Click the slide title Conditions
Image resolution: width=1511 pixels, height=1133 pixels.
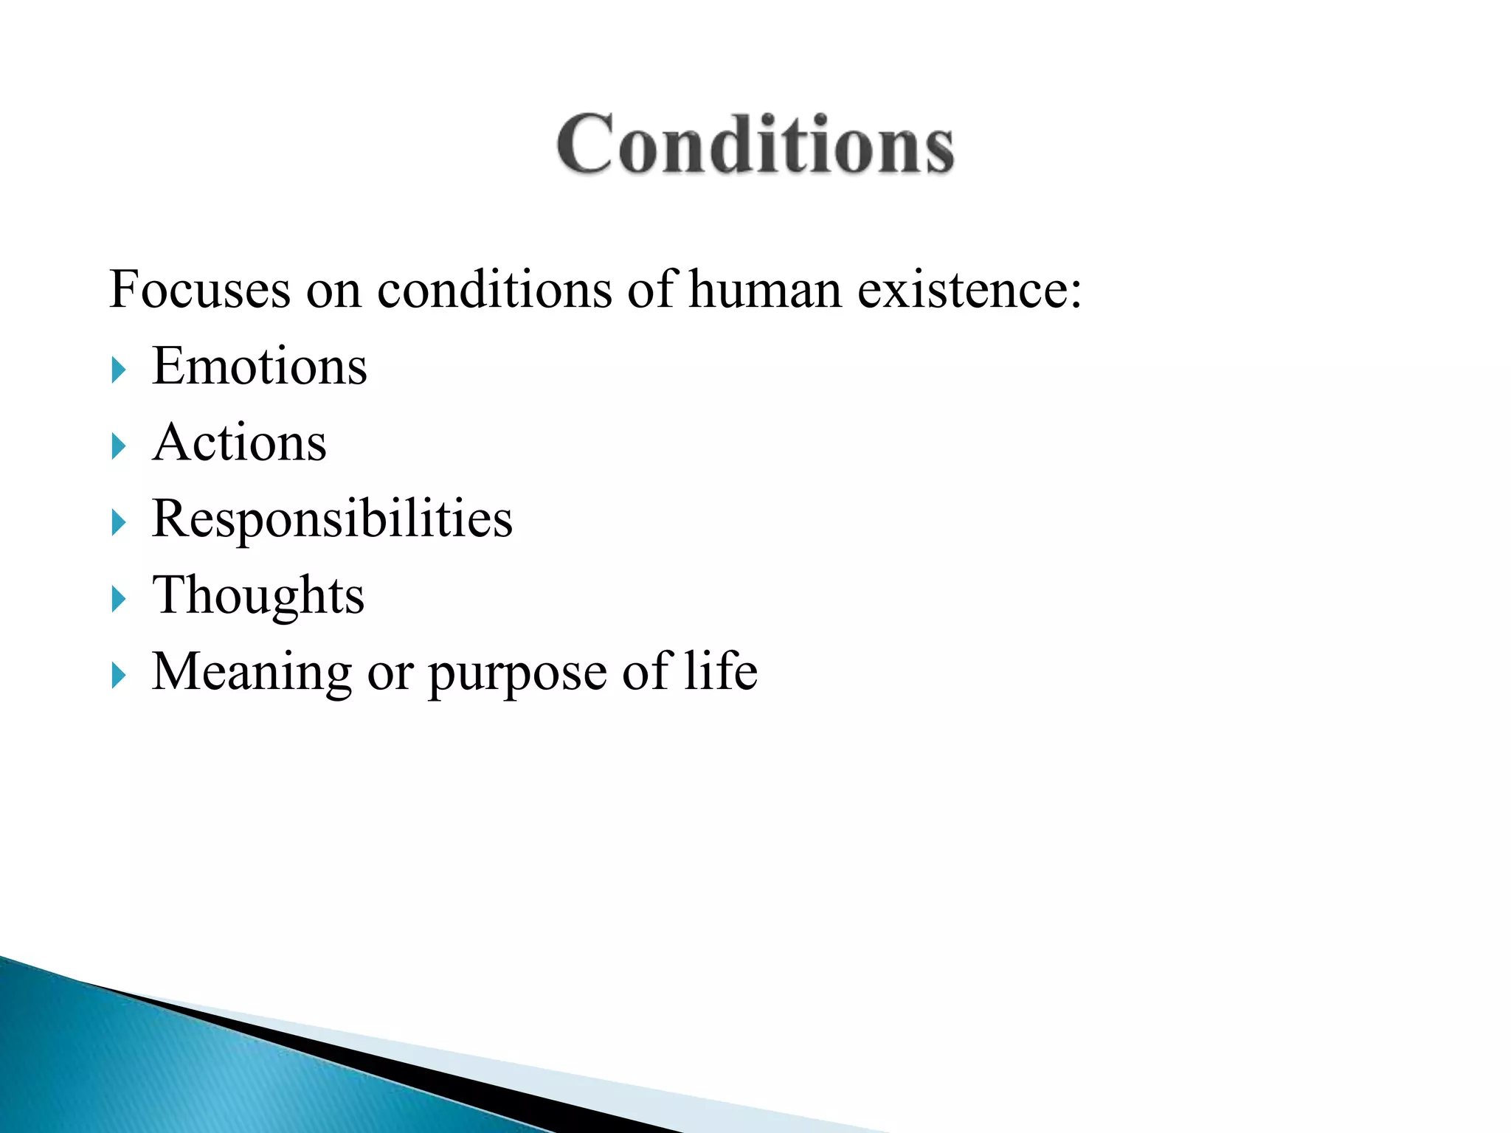pos(755,145)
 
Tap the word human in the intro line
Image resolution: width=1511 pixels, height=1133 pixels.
pos(765,288)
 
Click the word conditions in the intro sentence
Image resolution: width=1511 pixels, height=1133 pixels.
pos(494,288)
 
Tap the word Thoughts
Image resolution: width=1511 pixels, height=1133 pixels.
pos(257,595)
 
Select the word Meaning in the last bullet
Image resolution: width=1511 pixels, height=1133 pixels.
pos(252,672)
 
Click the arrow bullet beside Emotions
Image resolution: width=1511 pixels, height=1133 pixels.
pos(119,370)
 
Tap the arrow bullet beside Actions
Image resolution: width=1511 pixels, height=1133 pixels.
pos(119,446)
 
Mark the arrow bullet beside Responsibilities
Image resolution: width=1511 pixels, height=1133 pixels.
pos(119,523)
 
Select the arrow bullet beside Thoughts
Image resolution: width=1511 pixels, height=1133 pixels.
pos(119,599)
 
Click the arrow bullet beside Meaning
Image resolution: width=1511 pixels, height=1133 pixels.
pos(119,676)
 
